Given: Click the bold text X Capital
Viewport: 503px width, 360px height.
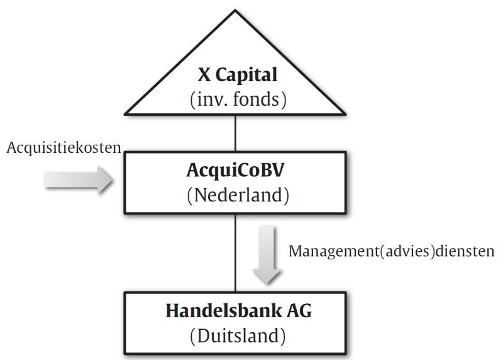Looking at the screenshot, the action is pos(238,75).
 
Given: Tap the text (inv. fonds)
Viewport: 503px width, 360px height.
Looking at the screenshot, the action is pos(238,99).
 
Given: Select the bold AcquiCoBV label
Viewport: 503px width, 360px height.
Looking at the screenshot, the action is pos(235,171).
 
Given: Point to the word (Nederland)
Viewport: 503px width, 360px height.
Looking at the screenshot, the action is pos(238,195).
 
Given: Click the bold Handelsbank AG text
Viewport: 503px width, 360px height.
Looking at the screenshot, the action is pos(239,311).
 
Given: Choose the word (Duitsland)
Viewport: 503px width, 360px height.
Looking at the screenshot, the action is pos(238,336).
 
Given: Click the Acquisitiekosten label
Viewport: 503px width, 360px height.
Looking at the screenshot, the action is pos(64,148).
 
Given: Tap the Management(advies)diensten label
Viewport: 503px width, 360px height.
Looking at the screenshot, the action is pos(391,252).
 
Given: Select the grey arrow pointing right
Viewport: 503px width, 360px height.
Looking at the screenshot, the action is pos(78,180).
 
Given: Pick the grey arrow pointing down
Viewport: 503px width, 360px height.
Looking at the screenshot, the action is pos(267,255).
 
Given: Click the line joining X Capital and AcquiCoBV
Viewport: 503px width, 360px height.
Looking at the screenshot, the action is pos(235,133).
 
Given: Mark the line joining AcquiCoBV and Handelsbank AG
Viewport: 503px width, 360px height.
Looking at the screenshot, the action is pos(235,253).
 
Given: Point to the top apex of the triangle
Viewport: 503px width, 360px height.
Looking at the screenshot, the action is pos(235,11).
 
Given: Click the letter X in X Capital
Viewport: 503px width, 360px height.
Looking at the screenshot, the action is pos(204,75).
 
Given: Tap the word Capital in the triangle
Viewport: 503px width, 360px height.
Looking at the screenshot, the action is pos(246,76).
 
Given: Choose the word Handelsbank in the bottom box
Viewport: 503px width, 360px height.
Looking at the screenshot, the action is pos(223,311).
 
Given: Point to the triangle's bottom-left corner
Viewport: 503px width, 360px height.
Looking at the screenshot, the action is pos(125,114).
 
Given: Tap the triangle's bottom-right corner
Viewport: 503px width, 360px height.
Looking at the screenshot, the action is pos(345,114).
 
